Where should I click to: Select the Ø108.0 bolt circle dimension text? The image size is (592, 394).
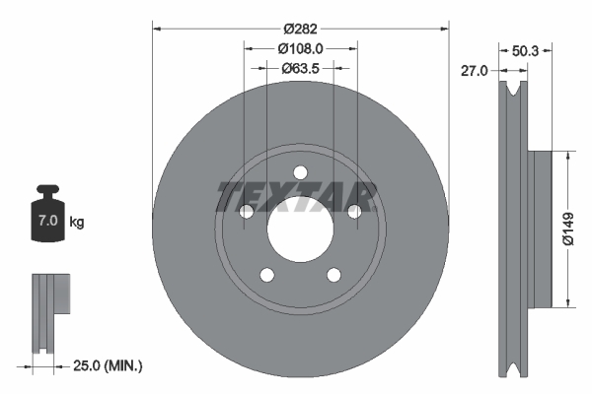coord(299,47)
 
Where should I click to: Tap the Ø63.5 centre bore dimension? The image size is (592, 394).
coord(300,68)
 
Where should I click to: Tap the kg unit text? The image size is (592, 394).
coord(77,223)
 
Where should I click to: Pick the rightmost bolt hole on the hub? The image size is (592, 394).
coord(352,210)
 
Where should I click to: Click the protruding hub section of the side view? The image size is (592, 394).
coord(539,228)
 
